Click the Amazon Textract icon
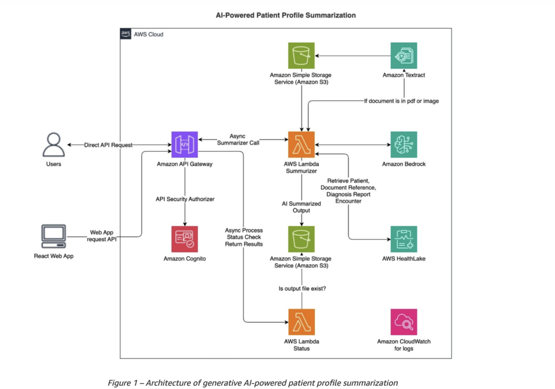404,56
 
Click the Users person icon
53,145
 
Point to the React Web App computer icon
53,237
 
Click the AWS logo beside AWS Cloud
126,34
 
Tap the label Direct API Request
108,145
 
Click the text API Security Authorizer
185,199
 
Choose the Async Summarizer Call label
243,140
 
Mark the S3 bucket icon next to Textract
301,56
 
